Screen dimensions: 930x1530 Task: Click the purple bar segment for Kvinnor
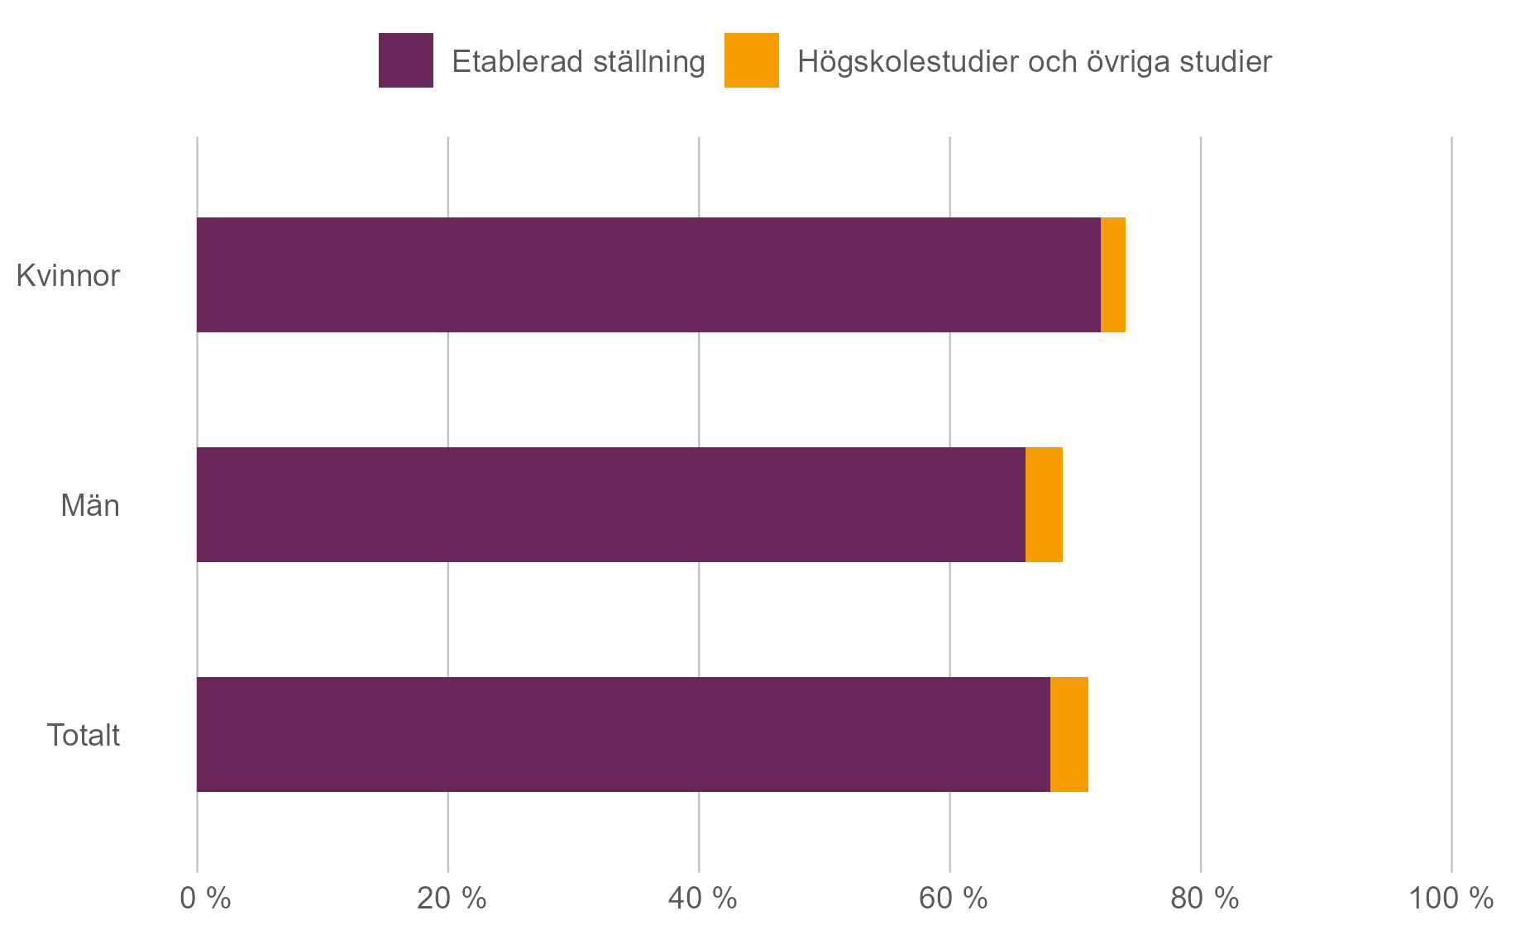648,274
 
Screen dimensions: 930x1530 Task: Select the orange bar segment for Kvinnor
1112,274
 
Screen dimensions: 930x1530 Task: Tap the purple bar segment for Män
610,504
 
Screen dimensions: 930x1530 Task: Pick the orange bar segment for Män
1044,504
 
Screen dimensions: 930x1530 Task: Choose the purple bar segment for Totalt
623,734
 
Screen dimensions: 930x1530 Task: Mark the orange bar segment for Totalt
1069,734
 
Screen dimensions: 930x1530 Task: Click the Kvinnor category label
68,275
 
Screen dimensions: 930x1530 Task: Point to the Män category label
89,505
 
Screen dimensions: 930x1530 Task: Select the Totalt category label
83,735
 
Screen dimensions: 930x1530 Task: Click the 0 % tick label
205,898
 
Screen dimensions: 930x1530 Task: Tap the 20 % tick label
451,898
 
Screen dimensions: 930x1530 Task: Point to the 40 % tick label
702,898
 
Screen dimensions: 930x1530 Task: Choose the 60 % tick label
953,898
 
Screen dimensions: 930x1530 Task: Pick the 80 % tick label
1204,898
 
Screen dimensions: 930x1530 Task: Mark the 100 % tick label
1451,898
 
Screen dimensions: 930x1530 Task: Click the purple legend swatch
405,60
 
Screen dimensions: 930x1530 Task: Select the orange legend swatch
751,60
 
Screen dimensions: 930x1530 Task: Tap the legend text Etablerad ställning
578,62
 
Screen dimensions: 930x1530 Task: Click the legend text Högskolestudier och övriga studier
1034,62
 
